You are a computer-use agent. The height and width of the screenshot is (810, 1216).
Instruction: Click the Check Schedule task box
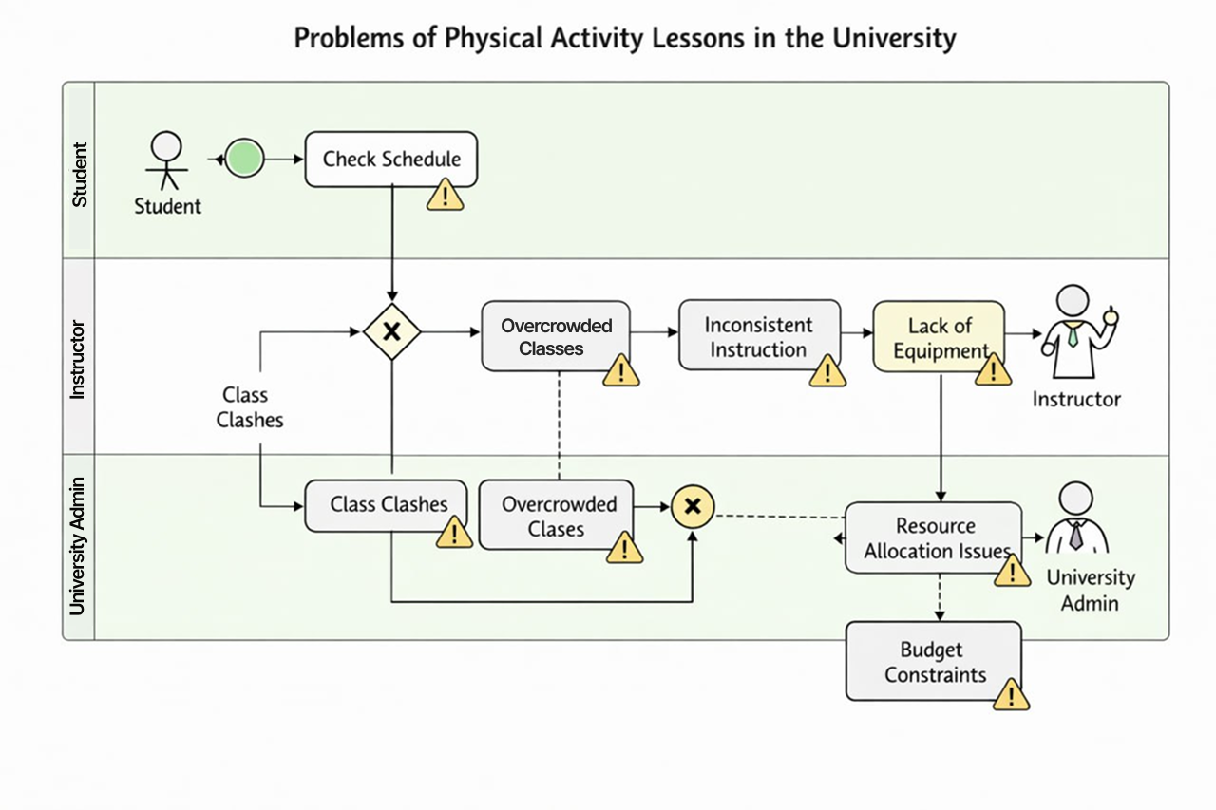tap(390, 159)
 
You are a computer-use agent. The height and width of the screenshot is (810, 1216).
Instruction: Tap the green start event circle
tap(245, 159)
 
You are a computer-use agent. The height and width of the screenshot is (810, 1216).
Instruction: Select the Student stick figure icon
tap(167, 160)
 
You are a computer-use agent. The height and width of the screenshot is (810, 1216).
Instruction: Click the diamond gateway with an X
tap(391, 332)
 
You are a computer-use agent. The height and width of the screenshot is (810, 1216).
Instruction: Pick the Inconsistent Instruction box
tap(759, 335)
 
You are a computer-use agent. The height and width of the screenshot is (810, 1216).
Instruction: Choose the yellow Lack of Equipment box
tap(939, 337)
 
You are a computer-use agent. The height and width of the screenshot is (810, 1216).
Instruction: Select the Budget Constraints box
tap(933, 662)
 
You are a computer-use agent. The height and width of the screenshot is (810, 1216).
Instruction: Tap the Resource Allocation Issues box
tap(933, 538)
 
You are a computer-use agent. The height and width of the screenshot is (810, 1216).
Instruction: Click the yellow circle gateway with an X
tap(693, 506)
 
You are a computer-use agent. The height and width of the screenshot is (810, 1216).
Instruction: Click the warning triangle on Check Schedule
tap(445, 195)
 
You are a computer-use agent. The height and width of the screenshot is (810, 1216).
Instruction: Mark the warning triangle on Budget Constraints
tap(1012, 695)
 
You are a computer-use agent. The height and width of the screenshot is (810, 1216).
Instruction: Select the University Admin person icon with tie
tap(1077, 520)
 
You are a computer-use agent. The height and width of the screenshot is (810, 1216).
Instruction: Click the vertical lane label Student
tap(79, 174)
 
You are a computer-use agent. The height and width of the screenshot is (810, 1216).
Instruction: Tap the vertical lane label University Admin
tap(79, 545)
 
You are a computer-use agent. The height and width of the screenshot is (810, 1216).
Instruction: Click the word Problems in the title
tap(349, 39)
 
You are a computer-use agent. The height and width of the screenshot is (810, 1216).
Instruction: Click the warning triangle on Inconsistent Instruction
tap(826, 371)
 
